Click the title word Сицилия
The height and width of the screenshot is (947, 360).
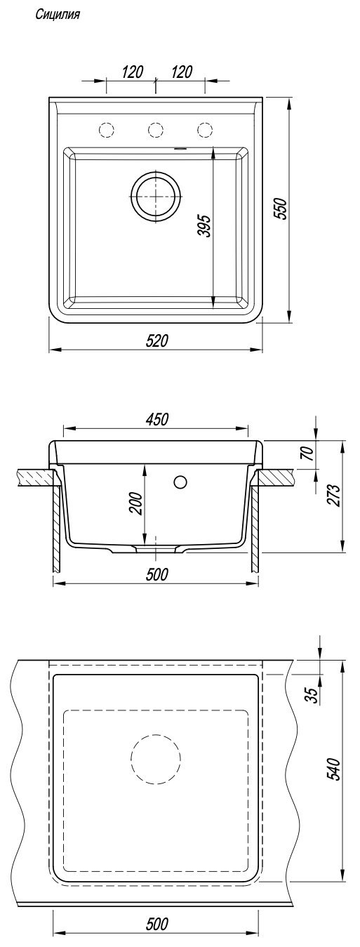pyautogui.click(x=58, y=15)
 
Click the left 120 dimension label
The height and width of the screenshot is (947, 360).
pyautogui.click(x=132, y=72)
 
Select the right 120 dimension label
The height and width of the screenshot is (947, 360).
pyautogui.click(x=182, y=72)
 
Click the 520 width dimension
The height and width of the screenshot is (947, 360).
pyautogui.click(x=156, y=340)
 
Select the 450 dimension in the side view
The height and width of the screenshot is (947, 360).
pyautogui.click(x=156, y=419)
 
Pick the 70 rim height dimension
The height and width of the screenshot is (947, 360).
pyautogui.click(x=309, y=453)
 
